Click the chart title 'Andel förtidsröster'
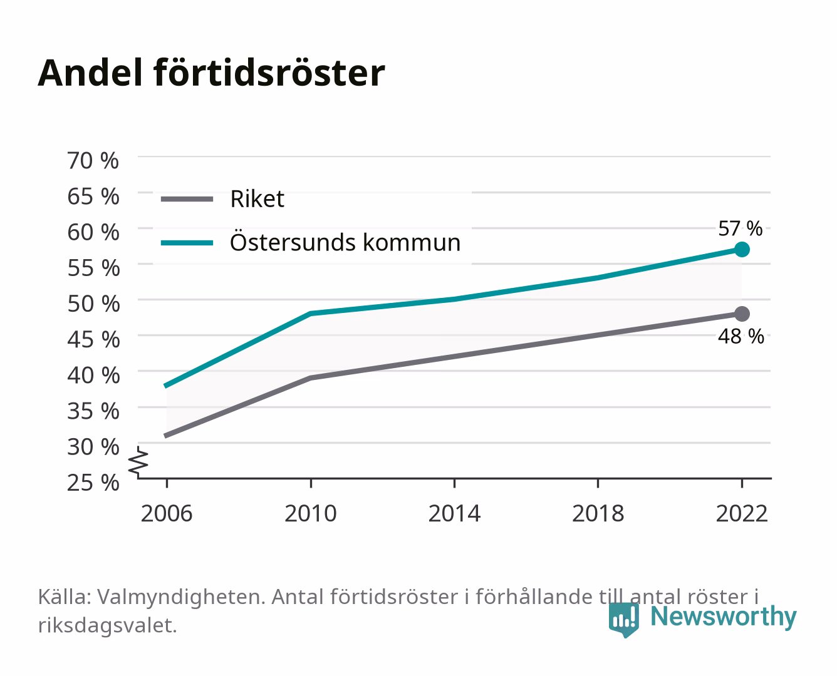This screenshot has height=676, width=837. [211, 73]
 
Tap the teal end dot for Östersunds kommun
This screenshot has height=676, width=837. [742, 249]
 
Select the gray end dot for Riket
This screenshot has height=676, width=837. [742, 314]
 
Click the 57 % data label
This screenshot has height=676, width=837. [741, 228]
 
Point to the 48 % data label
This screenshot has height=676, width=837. [741, 336]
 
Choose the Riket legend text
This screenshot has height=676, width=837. [257, 198]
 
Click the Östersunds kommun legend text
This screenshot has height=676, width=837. [345, 242]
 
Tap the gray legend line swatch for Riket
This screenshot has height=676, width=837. [187, 200]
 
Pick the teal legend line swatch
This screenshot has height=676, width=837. [187, 243]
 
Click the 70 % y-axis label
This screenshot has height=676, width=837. [93, 161]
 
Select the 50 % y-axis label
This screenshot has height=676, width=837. [93, 304]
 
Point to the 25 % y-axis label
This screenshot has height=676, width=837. [93, 483]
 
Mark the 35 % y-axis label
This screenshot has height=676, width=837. [93, 411]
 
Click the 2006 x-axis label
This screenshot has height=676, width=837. [167, 513]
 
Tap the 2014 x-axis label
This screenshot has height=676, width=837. [454, 513]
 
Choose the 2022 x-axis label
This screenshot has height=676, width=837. [742, 513]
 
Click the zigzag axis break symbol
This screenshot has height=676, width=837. [138, 462]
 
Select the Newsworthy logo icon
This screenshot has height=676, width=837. [624, 619]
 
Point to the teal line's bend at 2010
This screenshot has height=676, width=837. [311, 313]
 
